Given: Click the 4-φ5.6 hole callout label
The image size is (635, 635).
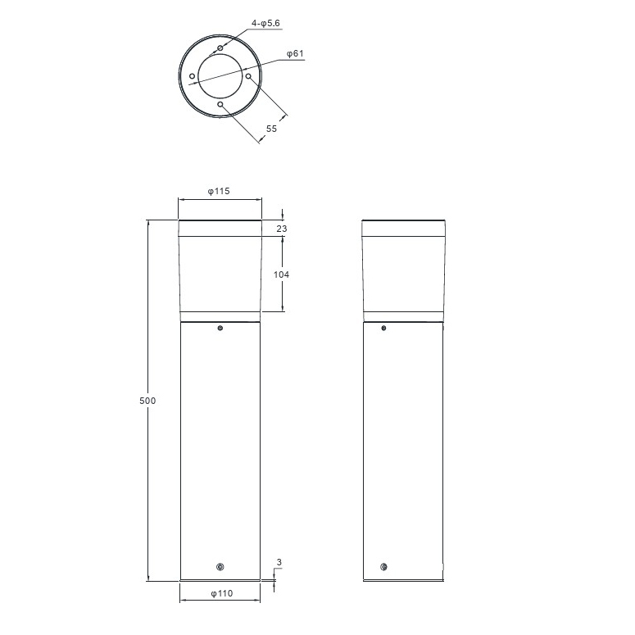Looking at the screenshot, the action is [265, 24].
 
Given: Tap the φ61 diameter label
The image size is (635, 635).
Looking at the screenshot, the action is [295, 53].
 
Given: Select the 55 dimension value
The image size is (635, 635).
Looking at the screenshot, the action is [271, 129].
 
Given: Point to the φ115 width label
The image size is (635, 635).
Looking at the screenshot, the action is [219, 191].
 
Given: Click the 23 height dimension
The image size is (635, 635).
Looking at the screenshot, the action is [282, 229].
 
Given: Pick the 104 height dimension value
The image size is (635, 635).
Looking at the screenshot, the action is [282, 275].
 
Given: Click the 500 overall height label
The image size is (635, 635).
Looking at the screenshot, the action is [147, 401].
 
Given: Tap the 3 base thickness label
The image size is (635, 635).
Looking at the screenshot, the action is [279, 562].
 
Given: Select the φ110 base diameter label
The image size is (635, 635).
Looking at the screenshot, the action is [222, 594].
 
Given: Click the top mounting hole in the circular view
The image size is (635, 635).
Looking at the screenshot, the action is [220, 48].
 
